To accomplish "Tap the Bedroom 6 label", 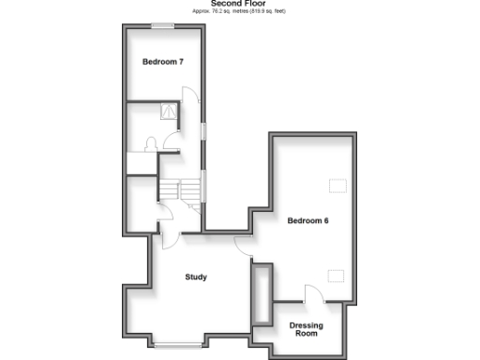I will click(307, 220).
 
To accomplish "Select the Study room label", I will click(196, 277).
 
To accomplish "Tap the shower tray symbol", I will click(171, 111).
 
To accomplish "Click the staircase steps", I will click(180, 191).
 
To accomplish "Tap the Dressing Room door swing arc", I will click(315, 292).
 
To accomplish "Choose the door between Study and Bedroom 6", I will click(244, 246).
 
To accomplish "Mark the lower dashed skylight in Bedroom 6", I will click(336, 273).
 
